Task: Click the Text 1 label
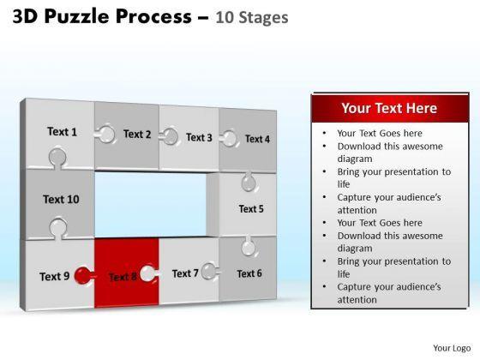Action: pos(62,132)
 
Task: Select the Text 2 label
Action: pos(137,134)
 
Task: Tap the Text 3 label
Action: pos(199,137)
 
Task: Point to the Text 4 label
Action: pos(257,139)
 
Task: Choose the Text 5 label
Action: pos(251,209)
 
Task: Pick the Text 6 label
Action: pos(249,273)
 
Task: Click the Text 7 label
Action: pos(185,273)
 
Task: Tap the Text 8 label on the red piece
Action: pos(123,277)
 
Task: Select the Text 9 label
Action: pos(55,276)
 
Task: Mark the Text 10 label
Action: pos(61,199)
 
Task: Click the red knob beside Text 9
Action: pos(83,275)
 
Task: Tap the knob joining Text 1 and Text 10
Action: pos(57,158)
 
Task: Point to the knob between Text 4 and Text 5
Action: pos(249,183)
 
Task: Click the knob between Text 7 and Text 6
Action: pos(210,271)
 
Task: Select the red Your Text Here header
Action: pos(390,108)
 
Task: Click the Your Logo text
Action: pos(452,348)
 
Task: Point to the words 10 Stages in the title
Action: pos(252,17)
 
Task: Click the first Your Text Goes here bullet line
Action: pos(380,133)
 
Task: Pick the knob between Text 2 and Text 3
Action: pos(169,136)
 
